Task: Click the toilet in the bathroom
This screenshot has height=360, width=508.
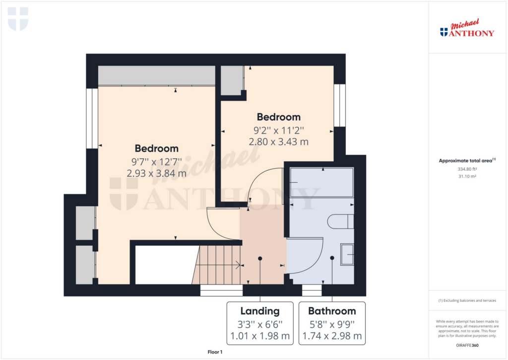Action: pos(340,221)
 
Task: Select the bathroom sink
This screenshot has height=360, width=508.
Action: pos(347,255)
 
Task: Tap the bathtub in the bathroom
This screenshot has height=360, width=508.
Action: pos(321,182)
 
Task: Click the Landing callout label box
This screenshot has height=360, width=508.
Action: pos(260,323)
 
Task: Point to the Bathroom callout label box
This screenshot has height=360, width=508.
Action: pos(332,323)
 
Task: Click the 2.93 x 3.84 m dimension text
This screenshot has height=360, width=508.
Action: pos(156,173)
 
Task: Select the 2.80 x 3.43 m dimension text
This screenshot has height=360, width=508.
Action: pos(279,142)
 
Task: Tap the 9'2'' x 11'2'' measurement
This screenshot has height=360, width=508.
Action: pos(279,131)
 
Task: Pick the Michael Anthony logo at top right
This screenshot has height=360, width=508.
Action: pos(467,28)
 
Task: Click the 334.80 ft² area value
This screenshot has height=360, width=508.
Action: pos(467,169)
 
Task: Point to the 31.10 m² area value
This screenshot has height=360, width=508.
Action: pos(467,176)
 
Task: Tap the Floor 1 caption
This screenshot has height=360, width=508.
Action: pos(215,352)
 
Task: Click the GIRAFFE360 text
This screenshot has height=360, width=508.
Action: pos(467,346)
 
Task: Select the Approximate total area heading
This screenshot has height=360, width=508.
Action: pos(467,160)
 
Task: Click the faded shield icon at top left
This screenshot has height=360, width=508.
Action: pos(18,19)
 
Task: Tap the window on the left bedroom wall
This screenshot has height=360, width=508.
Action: pos(92,118)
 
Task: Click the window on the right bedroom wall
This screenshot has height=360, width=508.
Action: pos(339,105)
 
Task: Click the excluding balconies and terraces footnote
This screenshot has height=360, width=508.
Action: pos(467,300)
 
